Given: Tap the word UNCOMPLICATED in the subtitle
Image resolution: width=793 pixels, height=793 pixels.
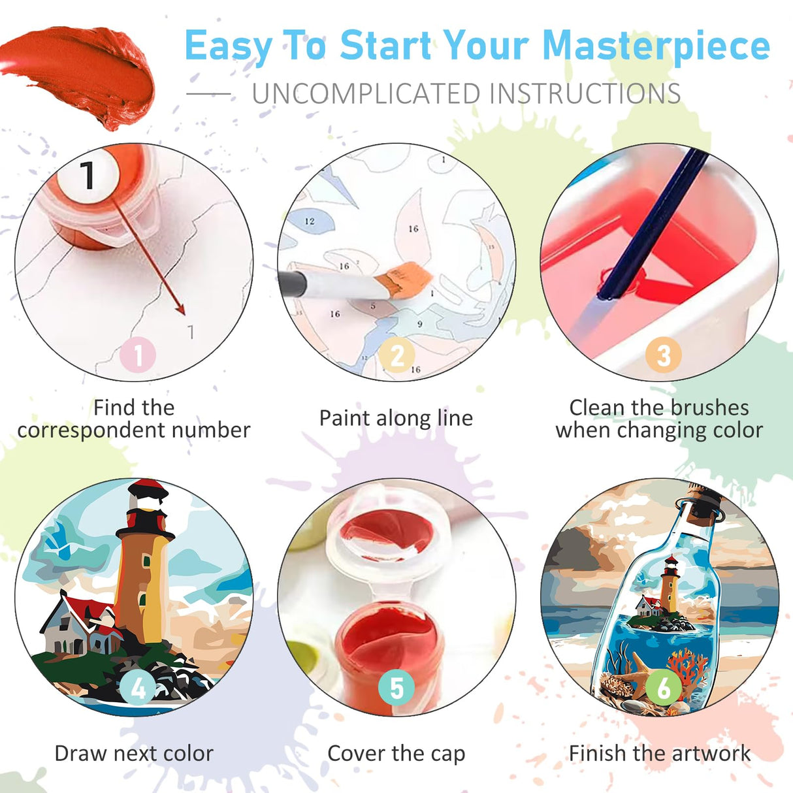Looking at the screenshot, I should point(366,94).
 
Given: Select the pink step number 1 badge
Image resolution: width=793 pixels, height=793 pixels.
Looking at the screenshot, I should point(138,356).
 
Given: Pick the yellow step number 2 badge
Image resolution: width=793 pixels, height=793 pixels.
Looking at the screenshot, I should point(397,356).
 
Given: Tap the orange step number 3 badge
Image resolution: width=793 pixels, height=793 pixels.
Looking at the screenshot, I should point(663,356).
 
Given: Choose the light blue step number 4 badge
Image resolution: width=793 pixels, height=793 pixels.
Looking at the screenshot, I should point(138,688).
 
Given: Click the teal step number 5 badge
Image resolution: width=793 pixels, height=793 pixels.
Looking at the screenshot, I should point(396,688).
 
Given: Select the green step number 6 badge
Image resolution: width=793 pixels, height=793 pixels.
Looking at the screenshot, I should point(664,688).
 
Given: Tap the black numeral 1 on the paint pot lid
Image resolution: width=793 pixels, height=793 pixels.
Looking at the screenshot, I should point(88,175).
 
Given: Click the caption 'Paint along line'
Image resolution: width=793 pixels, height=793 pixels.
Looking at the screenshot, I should point(396,418).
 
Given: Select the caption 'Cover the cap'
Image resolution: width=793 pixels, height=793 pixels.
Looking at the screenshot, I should point(396,753).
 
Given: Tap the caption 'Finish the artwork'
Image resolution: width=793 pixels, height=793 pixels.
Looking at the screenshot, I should point(660,753).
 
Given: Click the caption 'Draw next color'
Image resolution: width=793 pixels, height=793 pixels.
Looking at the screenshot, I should point(134,753).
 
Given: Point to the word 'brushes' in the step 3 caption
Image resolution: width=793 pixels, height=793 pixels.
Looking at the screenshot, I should point(709,408).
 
